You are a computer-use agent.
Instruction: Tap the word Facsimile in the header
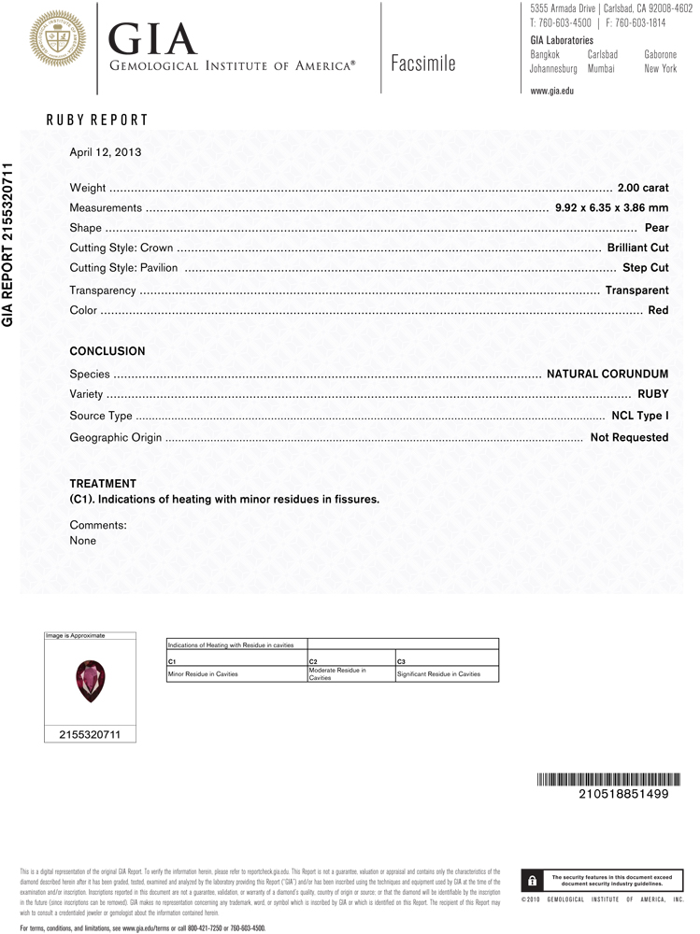423,63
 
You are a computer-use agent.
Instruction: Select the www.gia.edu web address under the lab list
551,91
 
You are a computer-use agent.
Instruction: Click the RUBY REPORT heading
97,120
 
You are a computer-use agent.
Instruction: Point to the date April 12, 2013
105,152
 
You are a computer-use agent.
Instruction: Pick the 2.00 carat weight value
643,189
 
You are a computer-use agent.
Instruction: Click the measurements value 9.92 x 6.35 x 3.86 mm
611,208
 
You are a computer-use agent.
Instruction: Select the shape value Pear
656,228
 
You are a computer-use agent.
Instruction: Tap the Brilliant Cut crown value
637,248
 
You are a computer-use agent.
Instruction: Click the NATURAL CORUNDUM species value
607,375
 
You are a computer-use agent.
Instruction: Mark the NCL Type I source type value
639,416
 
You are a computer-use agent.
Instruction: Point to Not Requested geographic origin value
629,437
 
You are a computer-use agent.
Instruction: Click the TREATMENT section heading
103,484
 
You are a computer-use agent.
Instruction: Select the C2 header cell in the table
313,661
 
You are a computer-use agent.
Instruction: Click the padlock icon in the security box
532,880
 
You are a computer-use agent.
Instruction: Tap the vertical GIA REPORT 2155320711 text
8,244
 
